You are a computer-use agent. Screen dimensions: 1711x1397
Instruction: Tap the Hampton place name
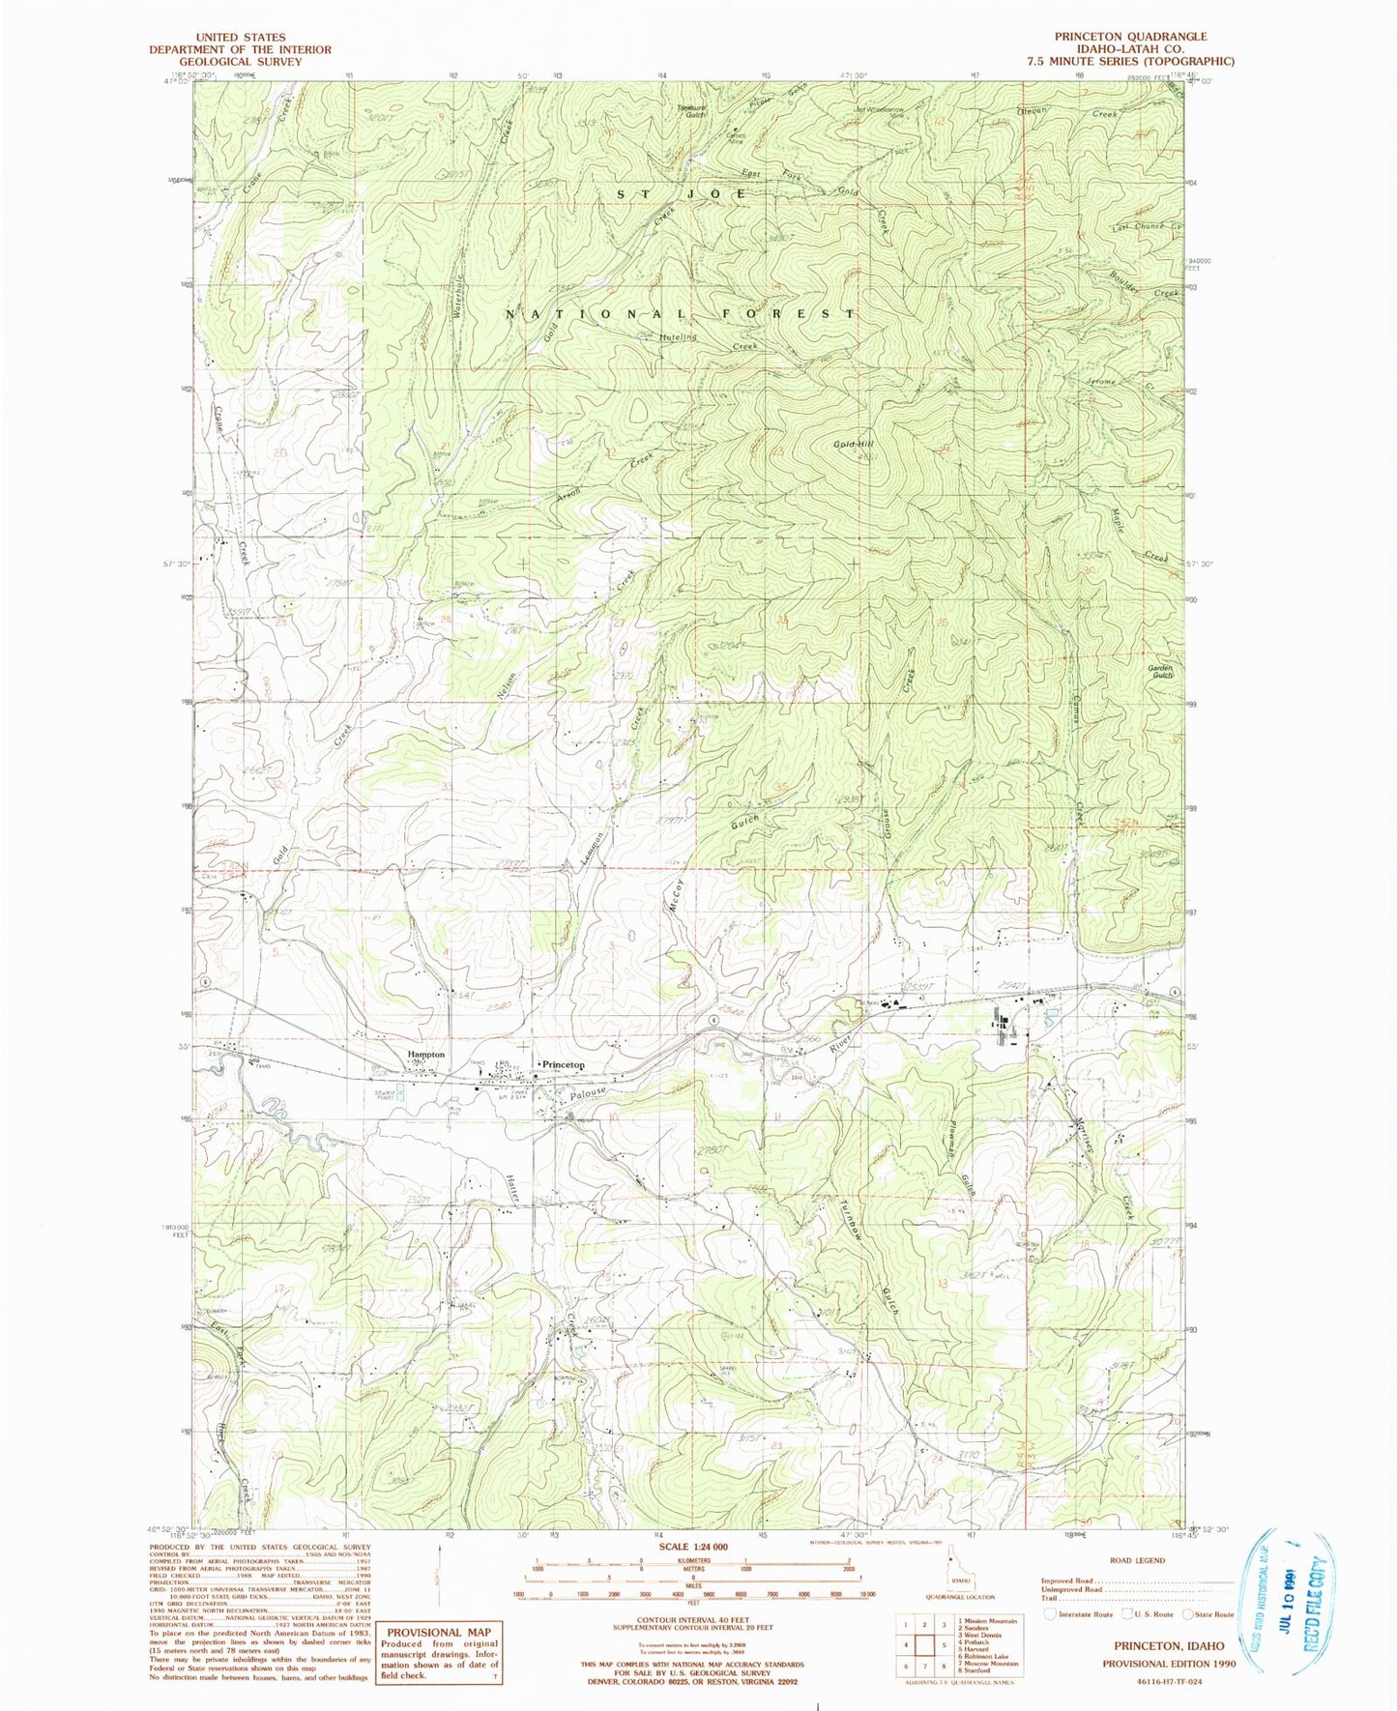pyautogui.click(x=425, y=1055)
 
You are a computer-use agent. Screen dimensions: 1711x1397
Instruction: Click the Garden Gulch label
pyautogui.click(x=1159, y=671)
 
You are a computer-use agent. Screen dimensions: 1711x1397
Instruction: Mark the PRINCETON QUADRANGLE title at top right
pyautogui.click(x=1130, y=37)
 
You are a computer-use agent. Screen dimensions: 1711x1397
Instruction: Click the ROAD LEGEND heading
pyautogui.click(x=1138, y=1560)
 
